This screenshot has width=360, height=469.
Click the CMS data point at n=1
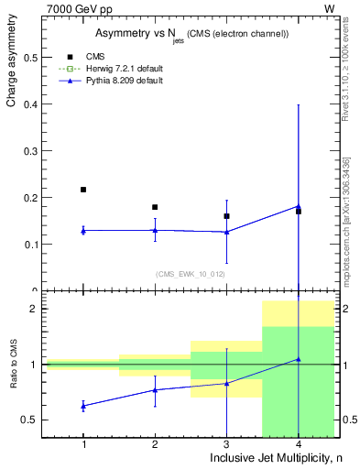[x=83, y=190]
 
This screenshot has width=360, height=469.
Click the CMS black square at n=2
[x=155, y=207]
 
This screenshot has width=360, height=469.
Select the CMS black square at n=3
[x=226, y=216]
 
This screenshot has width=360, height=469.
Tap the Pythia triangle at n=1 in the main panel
[x=83, y=230]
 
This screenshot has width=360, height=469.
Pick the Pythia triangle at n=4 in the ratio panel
[x=298, y=359]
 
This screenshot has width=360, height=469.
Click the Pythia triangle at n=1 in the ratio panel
[x=83, y=405]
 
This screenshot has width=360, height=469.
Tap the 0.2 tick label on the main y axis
[x=34, y=198]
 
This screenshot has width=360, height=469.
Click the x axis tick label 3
[x=226, y=444]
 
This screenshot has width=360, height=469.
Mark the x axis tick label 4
[x=298, y=444]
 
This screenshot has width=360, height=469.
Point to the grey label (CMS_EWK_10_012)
[x=190, y=273]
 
